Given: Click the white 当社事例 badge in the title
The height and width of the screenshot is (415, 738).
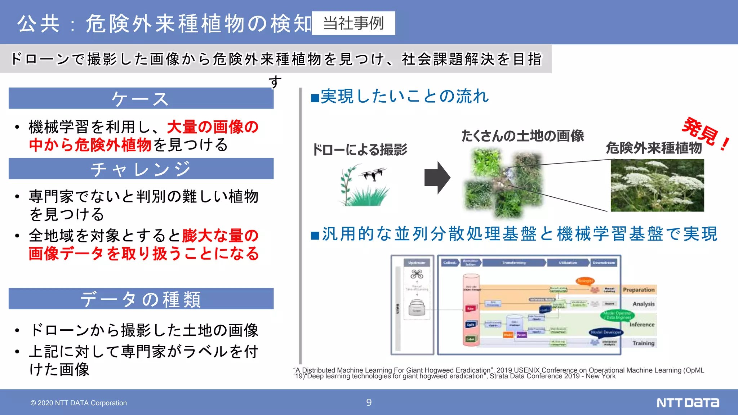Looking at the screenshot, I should click(353, 23).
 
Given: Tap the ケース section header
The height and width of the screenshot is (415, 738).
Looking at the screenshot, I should click(141, 98).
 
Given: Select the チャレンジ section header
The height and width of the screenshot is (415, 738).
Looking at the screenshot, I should click(141, 169).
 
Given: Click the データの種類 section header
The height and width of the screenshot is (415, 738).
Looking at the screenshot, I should click(141, 299).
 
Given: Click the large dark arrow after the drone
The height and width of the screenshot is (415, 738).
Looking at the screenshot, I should click(437, 178).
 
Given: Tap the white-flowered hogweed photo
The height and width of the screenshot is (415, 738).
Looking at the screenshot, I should click(657, 185).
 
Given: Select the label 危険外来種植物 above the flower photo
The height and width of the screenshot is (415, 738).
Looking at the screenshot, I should click(654, 148).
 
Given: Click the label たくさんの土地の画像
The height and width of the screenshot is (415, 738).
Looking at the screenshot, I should click(523, 136).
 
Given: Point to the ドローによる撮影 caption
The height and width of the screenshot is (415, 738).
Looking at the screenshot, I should click(360, 150).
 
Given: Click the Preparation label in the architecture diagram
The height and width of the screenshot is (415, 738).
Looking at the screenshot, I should click(639, 290).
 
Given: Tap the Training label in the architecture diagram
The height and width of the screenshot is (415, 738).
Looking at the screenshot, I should click(643, 343).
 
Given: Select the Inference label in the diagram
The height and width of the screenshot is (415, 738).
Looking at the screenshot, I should click(642, 325).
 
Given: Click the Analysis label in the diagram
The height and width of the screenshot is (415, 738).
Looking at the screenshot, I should click(643, 304).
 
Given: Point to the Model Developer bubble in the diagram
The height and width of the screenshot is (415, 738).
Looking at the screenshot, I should click(606, 332).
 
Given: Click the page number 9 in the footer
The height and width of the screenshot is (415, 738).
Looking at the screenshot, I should click(369, 402).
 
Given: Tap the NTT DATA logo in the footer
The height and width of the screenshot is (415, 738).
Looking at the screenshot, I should click(687, 402).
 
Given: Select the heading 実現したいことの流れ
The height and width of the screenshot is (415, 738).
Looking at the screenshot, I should click(400, 97).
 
